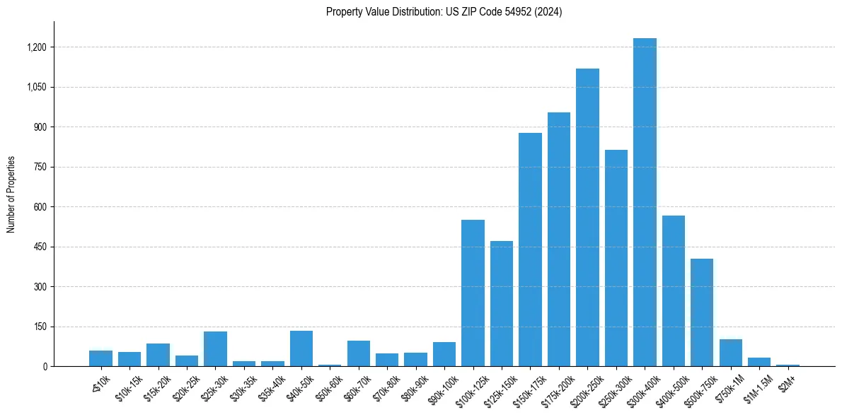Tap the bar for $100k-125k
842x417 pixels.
pos(473,293)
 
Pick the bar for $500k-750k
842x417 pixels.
pos(702,312)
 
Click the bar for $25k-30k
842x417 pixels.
pos(215,349)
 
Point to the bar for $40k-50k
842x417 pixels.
pos(301,348)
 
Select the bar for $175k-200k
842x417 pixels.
pos(559,240)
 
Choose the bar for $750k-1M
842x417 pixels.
pos(731,353)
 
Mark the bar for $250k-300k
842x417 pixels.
pos(616,258)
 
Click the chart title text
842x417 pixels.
pos(444,12)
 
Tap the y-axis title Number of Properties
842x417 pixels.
pos(11,194)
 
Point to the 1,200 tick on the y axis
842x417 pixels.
pos(36,47)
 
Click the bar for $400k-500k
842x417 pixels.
pos(674,291)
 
